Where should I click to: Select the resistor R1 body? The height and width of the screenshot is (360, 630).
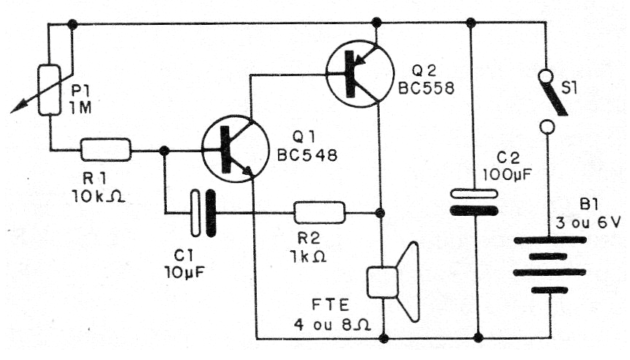pos(105,150)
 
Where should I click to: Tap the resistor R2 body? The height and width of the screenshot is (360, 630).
pos(319,212)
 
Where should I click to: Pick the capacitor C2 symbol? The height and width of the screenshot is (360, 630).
pos(470,202)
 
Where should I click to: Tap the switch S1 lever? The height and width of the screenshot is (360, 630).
pos(553,95)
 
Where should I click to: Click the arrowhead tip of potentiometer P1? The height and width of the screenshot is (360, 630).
pos(13,112)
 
